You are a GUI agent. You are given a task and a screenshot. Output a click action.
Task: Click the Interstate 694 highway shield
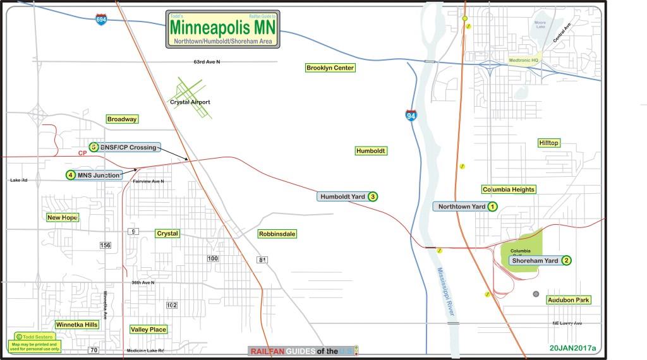(102, 19)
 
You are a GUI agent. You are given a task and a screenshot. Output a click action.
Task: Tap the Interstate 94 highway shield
(411, 116)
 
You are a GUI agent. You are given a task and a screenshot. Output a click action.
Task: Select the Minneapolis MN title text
(223, 27)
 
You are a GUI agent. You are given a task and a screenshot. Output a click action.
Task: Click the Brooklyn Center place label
(330, 68)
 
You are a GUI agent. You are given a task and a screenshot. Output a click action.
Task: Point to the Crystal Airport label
(190, 102)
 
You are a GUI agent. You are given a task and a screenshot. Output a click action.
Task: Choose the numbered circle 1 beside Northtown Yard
(492, 207)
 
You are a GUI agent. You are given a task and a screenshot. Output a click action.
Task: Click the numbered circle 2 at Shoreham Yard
(566, 260)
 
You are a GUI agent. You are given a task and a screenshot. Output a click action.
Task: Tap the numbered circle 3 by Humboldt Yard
(373, 196)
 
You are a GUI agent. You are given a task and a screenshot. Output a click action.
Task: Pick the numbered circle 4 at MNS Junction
(71, 175)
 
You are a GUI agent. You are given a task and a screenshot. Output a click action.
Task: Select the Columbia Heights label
(509, 189)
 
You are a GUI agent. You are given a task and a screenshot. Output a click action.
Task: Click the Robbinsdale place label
(277, 234)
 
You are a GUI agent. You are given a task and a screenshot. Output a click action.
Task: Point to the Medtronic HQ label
(523, 61)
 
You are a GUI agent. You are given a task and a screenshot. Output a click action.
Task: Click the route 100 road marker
(213, 259)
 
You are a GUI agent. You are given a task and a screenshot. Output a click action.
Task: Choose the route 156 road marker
(106, 245)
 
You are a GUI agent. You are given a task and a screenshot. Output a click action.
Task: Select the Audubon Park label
(569, 300)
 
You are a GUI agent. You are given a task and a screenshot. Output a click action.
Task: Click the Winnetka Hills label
(76, 325)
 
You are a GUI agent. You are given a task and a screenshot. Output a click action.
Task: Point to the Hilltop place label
(549, 143)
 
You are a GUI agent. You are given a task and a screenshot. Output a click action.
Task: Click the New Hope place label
(63, 217)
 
